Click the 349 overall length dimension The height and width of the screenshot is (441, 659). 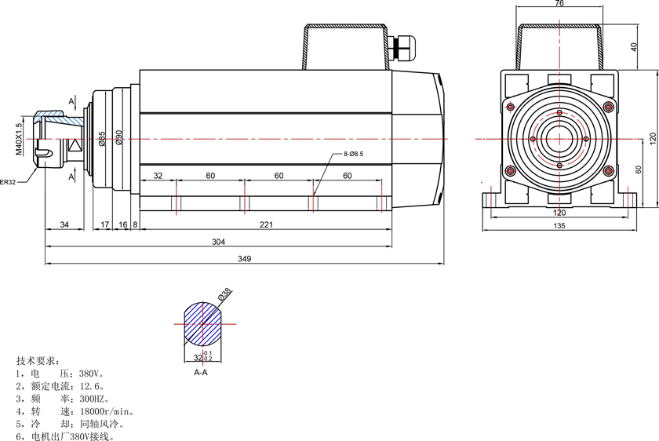click(244, 258)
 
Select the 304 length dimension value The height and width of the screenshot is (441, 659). click(218, 242)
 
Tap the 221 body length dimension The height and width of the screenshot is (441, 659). click(266, 224)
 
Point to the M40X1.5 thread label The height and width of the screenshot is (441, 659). click(19, 139)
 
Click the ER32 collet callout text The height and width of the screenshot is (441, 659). click(8, 182)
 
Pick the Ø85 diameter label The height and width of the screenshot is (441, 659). click(102, 138)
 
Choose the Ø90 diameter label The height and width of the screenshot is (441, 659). click(119, 137)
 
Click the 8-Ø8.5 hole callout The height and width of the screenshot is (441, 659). click(353, 154)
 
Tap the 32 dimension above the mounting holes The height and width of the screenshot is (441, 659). click(158, 175)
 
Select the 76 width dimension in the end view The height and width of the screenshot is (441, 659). click(559, 3)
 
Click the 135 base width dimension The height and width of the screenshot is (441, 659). click(559, 226)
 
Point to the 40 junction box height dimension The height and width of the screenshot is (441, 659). click(634, 46)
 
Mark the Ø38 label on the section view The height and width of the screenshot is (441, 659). click(225, 293)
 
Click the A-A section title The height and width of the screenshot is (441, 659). click(201, 373)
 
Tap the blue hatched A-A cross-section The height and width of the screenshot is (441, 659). click(202, 324)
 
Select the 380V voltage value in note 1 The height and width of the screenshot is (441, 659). click(90, 374)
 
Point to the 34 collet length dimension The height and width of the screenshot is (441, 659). click(64, 224)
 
